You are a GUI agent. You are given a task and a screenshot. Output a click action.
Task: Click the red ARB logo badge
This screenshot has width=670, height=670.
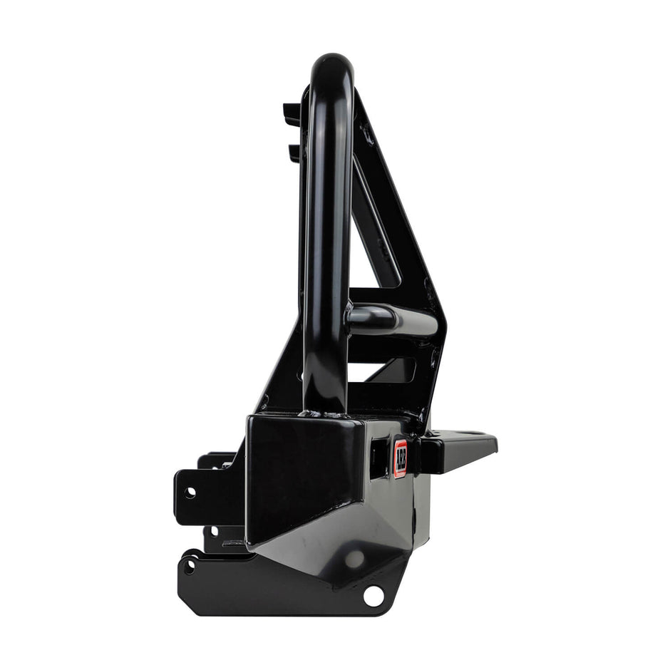pos(401,458)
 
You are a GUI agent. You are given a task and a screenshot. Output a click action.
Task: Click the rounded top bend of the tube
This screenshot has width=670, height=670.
pos(332,66)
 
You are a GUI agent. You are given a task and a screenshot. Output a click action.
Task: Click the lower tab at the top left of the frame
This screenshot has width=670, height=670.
pos(293,152)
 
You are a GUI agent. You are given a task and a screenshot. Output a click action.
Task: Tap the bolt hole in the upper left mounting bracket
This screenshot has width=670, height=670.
pos(190,493)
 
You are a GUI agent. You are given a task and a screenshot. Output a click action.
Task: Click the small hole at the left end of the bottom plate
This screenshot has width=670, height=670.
pos(189,567)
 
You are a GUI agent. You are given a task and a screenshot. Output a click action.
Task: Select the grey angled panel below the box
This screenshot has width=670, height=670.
pos(335,556)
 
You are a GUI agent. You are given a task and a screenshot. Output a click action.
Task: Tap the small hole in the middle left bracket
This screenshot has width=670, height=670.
pos(214,531)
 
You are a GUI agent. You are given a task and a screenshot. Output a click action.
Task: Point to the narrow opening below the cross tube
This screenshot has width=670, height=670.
pos(388,371)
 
